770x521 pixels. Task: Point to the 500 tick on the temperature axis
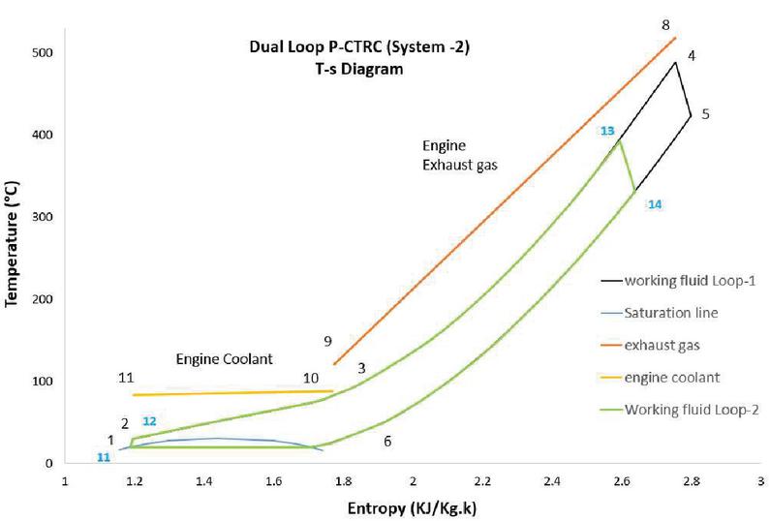(43, 53)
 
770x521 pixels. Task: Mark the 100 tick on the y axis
(43, 382)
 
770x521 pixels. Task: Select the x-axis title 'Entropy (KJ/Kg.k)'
(413, 507)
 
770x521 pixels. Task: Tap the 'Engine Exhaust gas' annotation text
(459, 155)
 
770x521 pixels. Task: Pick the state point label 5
(706, 114)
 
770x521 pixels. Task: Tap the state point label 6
(387, 441)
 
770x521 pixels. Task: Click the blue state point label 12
(148, 421)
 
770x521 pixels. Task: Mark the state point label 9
(328, 341)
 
